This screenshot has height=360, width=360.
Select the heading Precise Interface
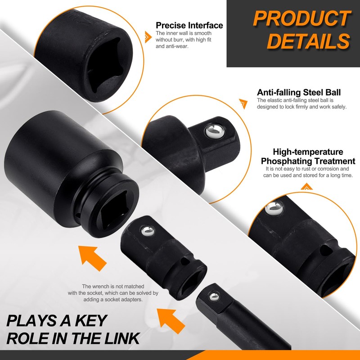[x=189, y=25]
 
